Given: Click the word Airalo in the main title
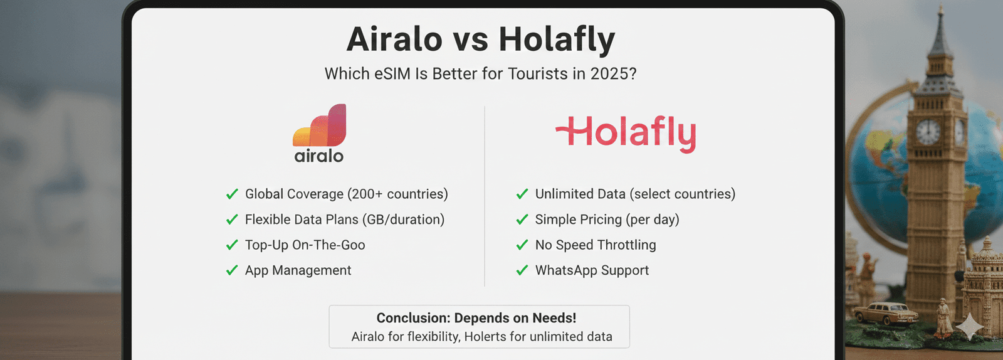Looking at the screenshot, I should (394, 40).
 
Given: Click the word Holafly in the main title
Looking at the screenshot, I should (557, 40).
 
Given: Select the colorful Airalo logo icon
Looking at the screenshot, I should (320, 125).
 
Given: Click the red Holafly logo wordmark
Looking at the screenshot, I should (626, 133).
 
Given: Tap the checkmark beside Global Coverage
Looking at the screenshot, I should (232, 194).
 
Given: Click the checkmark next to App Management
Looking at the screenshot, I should (232, 270).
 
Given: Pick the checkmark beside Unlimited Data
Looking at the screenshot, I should (522, 194).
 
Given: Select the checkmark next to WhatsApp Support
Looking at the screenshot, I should (522, 270).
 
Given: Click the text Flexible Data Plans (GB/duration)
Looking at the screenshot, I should (344, 220).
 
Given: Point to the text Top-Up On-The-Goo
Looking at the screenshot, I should (305, 245).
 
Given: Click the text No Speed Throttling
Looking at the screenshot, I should (595, 245).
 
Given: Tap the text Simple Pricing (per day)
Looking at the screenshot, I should (607, 220).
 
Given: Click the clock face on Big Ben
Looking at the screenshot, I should (928, 132).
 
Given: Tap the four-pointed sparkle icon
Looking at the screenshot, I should (969, 326).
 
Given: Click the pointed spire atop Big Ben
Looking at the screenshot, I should (940, 25).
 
